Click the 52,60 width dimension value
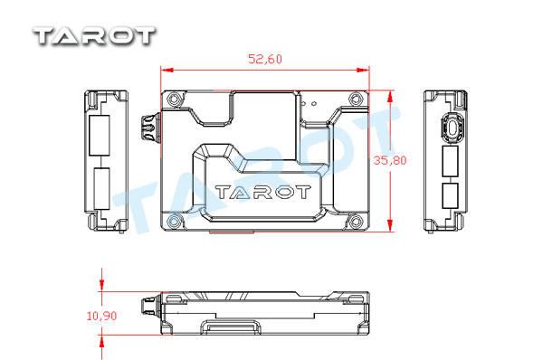pyautogui.click(x=265, y=59)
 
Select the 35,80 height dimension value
pyautogui.click(x=390, y=160)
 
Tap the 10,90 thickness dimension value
pyautogui.click(x=101, y=316)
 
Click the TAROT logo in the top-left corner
pyautogui.click(x=94, y=36)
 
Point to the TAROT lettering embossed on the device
pyautogui.click(x=262, y=192)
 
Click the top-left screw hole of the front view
pyautogui.click(x=173, y=99)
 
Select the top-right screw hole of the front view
pyautogui.click(x=355, y=99)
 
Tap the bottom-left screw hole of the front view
pyautogui.click(x=174, y=221)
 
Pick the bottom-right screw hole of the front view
pyautogui.click(x=356, y=221)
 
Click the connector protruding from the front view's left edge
pyautogui.click(x=151, y=128)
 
